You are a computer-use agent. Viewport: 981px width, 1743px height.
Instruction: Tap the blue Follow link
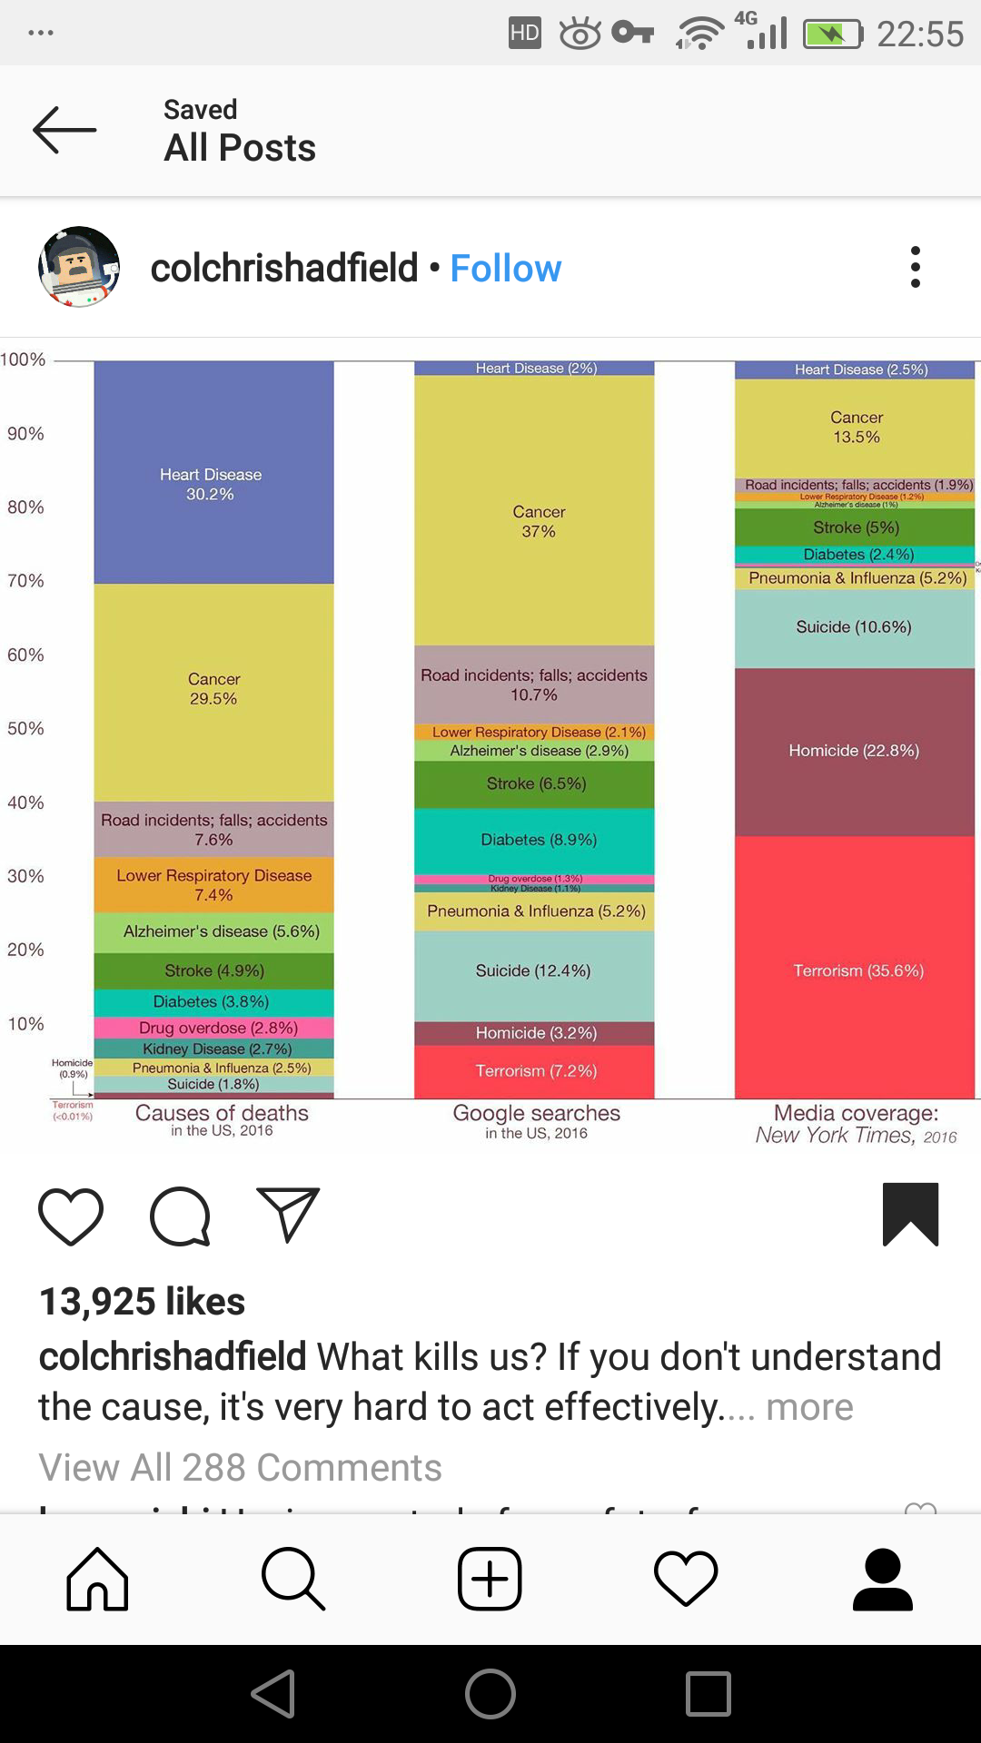[x=506, y=269]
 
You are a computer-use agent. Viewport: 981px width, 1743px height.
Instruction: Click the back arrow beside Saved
[x=64, y=130]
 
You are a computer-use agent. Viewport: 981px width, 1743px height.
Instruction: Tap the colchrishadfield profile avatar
[x=79, y=267]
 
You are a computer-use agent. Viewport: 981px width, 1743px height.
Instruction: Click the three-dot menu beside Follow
[x=915, y=268]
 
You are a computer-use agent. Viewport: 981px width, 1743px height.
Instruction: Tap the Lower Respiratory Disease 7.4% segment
[x=213, y=885]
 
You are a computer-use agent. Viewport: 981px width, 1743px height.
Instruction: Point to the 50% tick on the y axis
[x=25, y=729]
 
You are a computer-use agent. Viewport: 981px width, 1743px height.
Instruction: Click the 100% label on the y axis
[x=23, y=359]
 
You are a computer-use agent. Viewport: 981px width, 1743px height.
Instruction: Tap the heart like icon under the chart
[x=71, y=1216]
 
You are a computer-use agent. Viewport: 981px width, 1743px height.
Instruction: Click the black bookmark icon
[x=910, y=1214]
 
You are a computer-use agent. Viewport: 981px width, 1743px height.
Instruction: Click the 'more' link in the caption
[x=809, y=1407]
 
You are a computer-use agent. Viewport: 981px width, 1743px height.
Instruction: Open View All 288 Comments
[x=240, y=1468]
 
